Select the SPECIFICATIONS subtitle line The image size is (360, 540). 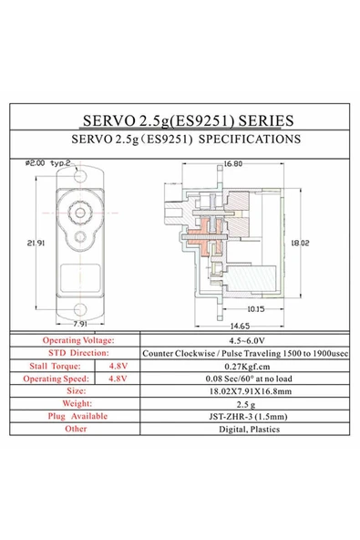pyautogui.click(x=180, y=141)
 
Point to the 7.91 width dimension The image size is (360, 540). pyautogui.click(x=79, y=323)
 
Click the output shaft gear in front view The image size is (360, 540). pyautogui.click(x=79, y=212)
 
